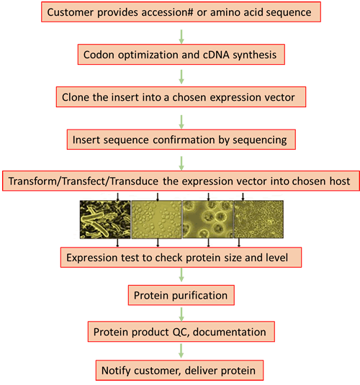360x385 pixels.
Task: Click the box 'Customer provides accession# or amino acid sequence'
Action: pos(181,12)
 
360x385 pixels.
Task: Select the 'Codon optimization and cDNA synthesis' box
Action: pos(181,55)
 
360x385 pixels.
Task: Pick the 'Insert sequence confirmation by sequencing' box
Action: pos(181,140)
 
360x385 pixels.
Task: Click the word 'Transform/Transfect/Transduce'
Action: pos(84,181)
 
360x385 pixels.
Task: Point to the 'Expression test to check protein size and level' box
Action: pos(181,258)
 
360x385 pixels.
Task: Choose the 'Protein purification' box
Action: pos(181,295)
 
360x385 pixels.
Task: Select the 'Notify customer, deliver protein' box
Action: pos(179,371)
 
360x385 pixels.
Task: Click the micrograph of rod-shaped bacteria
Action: pos(105,219)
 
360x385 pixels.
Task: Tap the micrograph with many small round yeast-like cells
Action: pos(156,219)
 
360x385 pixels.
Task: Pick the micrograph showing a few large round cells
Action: pos(208,219)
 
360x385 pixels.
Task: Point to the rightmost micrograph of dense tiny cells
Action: pos(258,219)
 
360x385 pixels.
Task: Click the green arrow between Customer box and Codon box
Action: pos(181,37)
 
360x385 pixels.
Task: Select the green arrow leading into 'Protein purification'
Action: pos(181,275)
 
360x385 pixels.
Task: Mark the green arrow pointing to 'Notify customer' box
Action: pos(181,350)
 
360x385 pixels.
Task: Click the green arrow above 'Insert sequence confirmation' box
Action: pos(181,122)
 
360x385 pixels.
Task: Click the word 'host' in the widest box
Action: pos(340,181)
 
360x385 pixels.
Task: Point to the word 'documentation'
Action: pos(229,332)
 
